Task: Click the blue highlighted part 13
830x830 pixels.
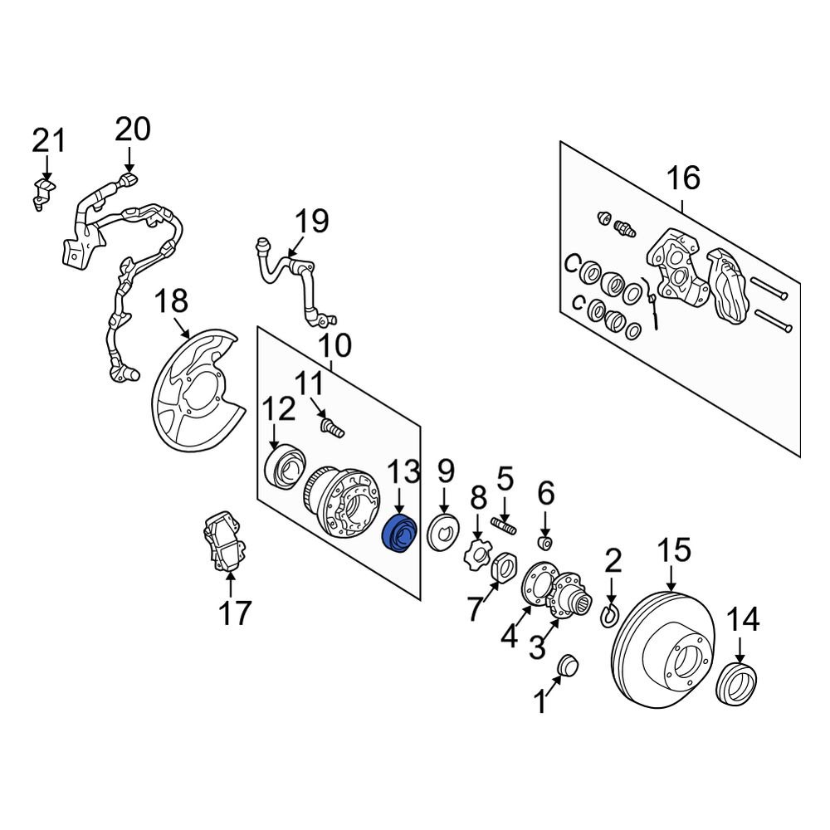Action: click(x=398, y=534)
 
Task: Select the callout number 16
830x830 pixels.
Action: click(x=683, y=178)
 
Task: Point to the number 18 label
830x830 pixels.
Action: click(x=173, y=300)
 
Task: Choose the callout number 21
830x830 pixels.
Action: click(x=48, y=140)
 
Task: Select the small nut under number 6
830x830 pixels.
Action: click(x=545, y=543)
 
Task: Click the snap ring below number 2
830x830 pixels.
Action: click(x=607, y=616)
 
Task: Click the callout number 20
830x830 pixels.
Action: click(x=133, y=129)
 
